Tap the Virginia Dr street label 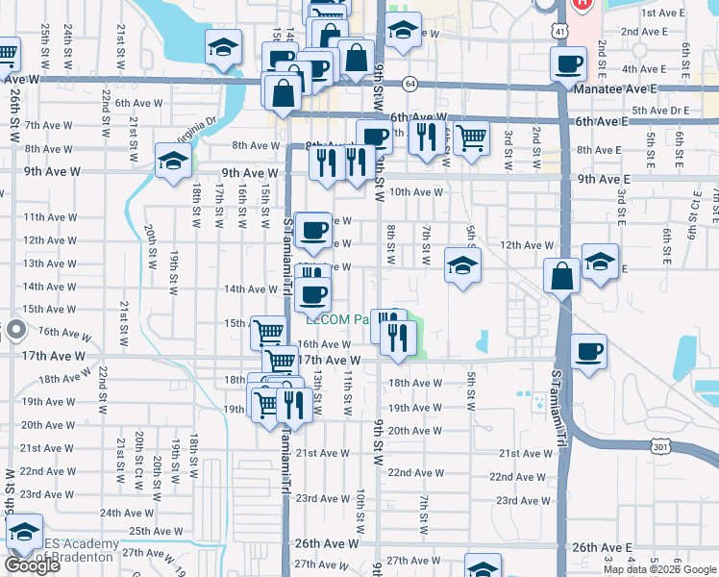point(198,128)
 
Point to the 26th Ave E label point(602,546)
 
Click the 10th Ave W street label point(416,191)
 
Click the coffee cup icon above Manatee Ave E point(568,64)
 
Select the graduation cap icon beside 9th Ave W point(173,160)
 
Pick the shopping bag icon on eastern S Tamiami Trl point(561,276)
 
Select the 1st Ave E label point(661,13)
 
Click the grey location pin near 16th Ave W point(14,331)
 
